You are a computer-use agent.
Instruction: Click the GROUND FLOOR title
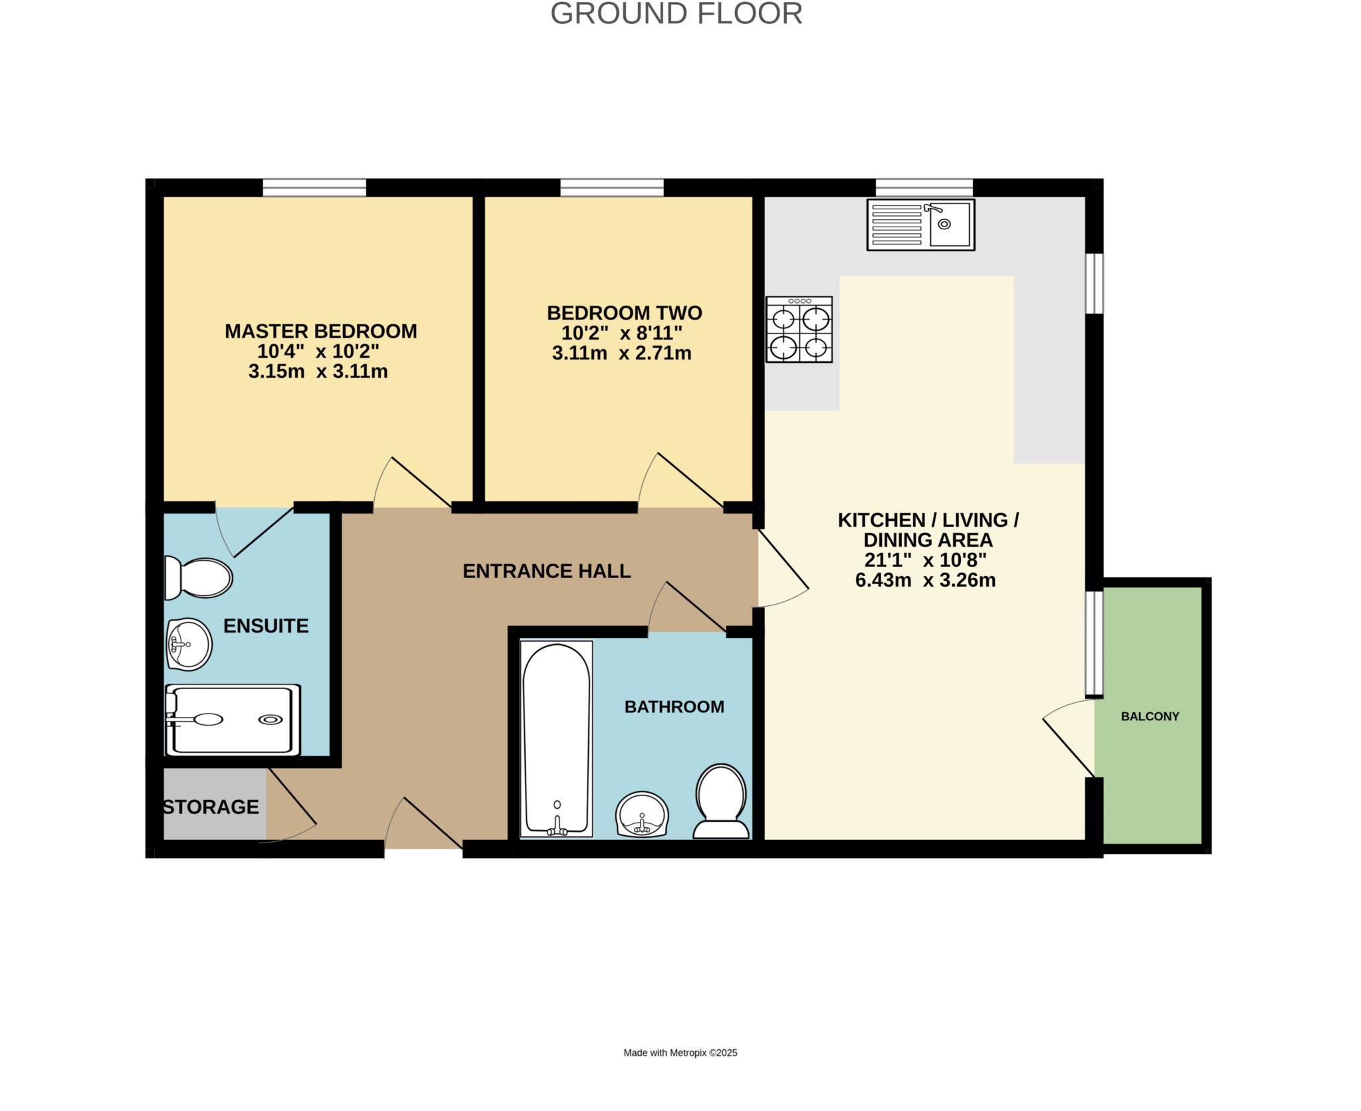click(676, 14)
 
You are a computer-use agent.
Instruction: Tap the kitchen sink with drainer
click(920, 225)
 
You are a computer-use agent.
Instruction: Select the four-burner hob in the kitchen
click(799, 330)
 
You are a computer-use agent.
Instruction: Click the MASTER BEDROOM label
click(320, 331)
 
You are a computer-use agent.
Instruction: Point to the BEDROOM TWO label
click(624, 312)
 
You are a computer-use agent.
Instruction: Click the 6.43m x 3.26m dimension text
click(925, 580)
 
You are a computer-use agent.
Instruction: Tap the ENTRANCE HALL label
click(546, 571)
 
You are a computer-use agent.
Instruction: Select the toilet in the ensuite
click(198, 577)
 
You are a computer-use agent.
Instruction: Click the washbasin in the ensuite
click(189, 644)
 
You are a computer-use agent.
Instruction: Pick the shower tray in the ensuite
click(233, 720)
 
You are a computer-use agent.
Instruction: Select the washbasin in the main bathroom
click(642, 814)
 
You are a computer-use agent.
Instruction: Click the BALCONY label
click(1150, 716)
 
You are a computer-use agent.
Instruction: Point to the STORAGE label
click(211, 807)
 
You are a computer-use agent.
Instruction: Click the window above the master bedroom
click(314, 187)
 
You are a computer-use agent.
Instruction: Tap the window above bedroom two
click(612, 187)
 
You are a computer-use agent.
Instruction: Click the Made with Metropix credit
click(680, 1053)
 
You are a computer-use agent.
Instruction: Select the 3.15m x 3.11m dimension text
click(318, 371)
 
